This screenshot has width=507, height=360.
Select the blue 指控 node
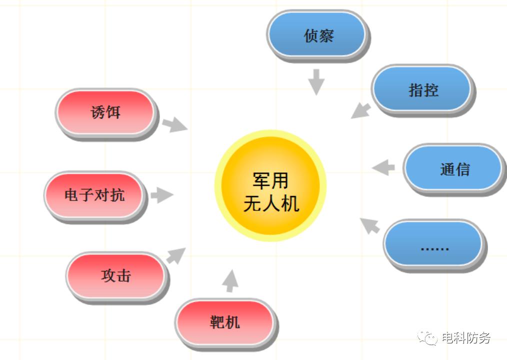(x=422, y=90)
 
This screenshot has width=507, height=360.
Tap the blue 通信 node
(x=454, y=169)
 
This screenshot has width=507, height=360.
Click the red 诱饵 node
(x=106, y=113)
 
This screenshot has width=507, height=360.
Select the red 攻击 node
(x=116, y=277)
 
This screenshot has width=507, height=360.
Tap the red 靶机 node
(x=225, y=324)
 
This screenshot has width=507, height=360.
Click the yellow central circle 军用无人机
(x=270, y=185)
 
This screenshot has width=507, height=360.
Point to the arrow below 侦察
(x=316, y=82)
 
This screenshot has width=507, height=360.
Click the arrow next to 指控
(x=361, y=111)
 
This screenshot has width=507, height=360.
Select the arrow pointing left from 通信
(x=383, y=167)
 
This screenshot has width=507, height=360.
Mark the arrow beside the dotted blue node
(x=370, y=226)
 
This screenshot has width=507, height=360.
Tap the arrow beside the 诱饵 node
(x=174, y=124)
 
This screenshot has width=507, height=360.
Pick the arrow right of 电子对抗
(x=162, y=194)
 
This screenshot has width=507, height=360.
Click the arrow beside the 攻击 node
(x=176, y=255)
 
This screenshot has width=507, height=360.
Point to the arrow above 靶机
(x=230, y=281)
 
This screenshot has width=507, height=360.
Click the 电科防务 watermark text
(x=466, y=338)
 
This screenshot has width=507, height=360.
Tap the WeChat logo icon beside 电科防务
(x=427, y=338)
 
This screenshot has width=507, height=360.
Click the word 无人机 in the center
(x=271, y=203)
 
